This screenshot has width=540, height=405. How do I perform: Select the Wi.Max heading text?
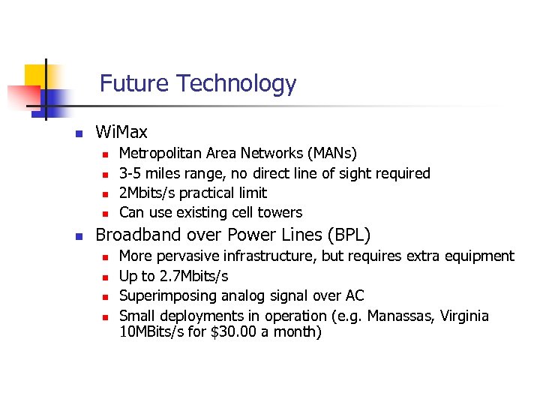[121, 133]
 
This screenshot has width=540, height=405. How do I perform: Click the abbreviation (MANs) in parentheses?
[332, 154]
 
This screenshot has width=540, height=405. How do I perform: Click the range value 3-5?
[131, 173]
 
